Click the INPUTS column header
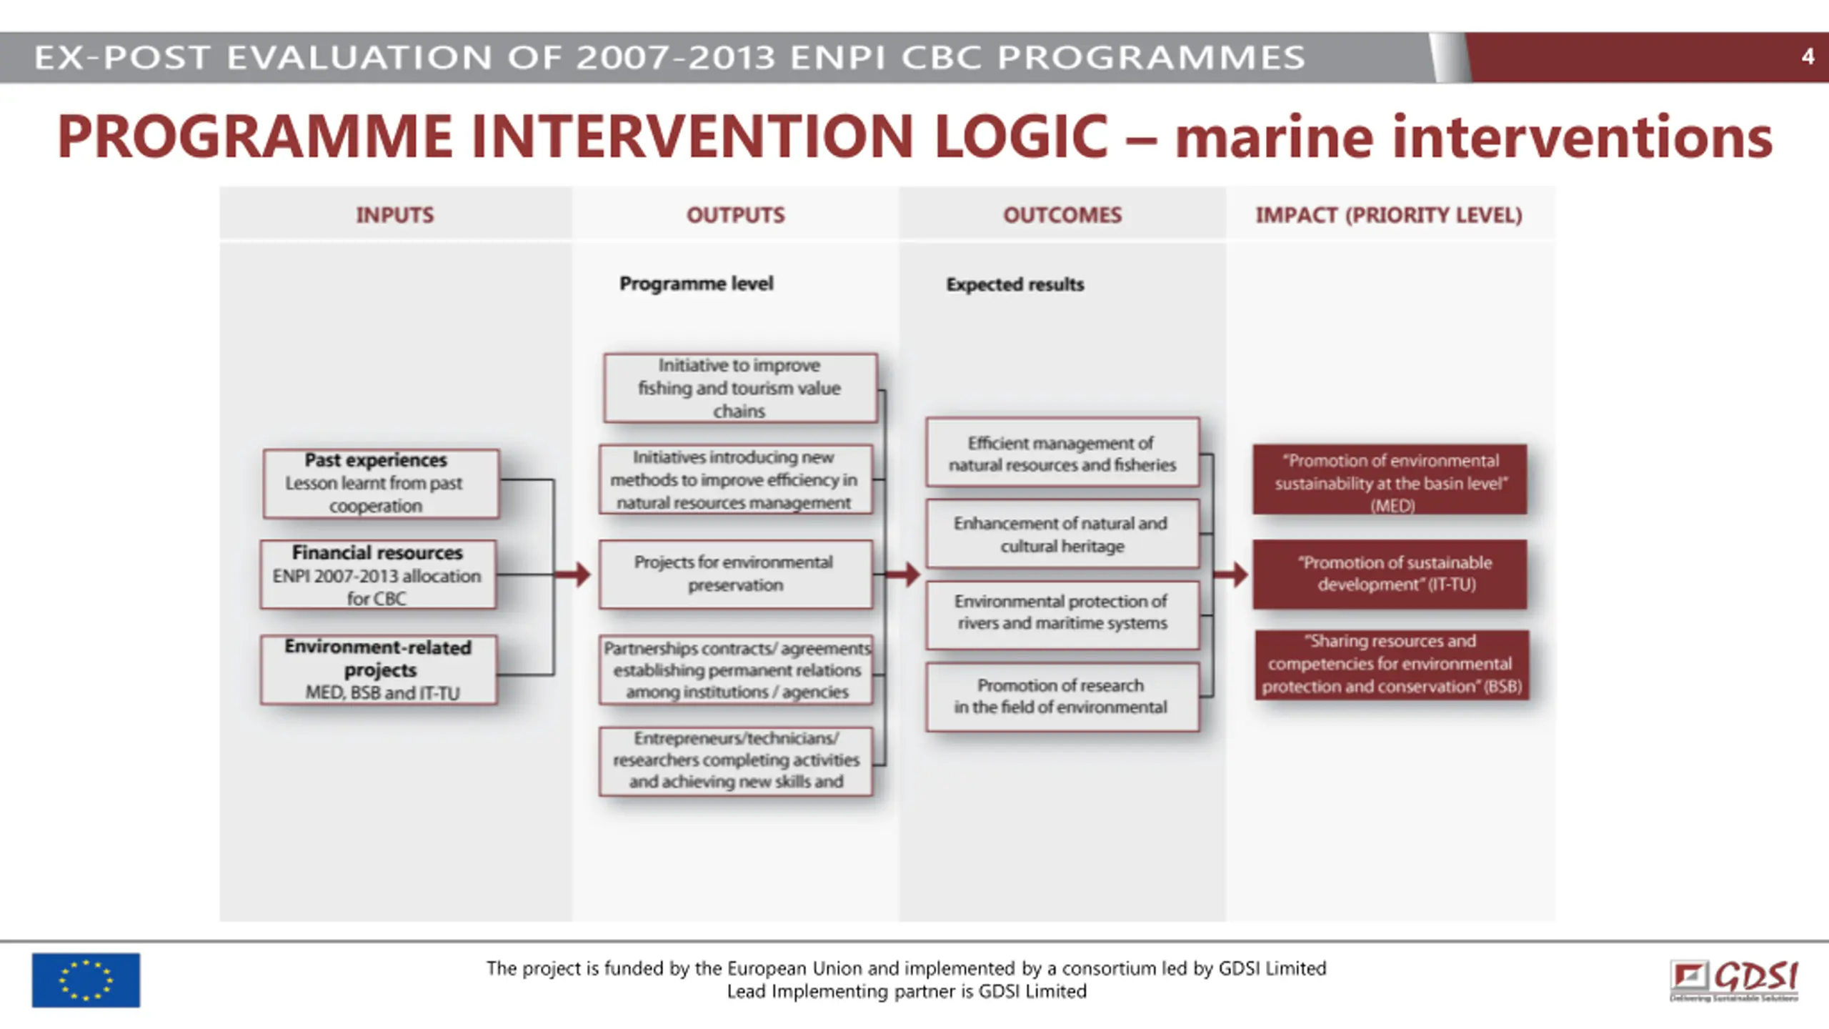click(x=395, y=215)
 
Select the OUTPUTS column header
click(x=735, y=215)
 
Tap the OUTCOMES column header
click(x=1062, y=215)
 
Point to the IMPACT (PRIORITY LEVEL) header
click(x=1389, y=215)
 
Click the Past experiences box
click(x=381, y=483)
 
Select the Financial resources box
click(x=378, y=575)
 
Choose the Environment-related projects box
click(x=379, y=670)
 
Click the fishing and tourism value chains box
click(x=739, y=388)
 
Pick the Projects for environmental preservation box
click(x=735, y=574)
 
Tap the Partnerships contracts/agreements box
click(x=736, y=670)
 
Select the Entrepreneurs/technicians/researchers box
click(x=736, y=760)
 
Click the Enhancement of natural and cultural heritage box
click(x=1062, y=535)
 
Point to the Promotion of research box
click(x=1062, y=696)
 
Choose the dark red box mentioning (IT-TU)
click(x=1390, y=574)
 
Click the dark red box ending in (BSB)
click(x=1392, y=664)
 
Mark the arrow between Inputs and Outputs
click(x=574, y=574)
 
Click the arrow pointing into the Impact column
click(x=1232, y=574)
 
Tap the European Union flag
click(x=86, y=980)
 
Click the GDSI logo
click(x=1734, y=980)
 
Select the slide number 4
click(x=1808, y=56)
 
